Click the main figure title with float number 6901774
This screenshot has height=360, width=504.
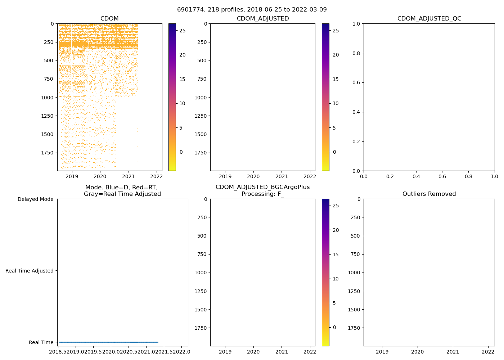coord(252,10)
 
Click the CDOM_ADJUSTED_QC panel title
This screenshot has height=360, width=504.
coord(429,19)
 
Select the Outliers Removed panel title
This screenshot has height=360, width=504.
coord(429,194)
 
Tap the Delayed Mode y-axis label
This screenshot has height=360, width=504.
coord(35,199)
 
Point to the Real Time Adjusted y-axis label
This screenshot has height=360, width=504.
coord(30,271)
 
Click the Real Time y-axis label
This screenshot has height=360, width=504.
coord(41,342)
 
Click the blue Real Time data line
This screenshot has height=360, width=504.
coord(108,342)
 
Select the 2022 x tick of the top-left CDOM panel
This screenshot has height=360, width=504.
coord(156,176)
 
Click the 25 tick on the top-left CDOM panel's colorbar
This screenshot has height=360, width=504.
coord(183,31)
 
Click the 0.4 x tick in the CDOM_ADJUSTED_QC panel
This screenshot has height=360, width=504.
coord(416,176)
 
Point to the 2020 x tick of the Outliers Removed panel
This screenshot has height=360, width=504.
coord(418,352)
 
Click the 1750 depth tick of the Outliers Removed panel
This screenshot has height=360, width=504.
coord(354,328)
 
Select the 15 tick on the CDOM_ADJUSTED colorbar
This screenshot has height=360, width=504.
coord(336,79)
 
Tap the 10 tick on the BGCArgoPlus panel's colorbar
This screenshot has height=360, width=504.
coord(336,279)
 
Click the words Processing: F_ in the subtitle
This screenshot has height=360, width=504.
coord(263,194)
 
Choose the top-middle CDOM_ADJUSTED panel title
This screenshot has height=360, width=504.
coord(263,19)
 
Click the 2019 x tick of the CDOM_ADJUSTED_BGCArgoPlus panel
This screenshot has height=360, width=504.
coord(225,352)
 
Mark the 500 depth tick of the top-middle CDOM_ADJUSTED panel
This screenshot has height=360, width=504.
coord(202,60)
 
